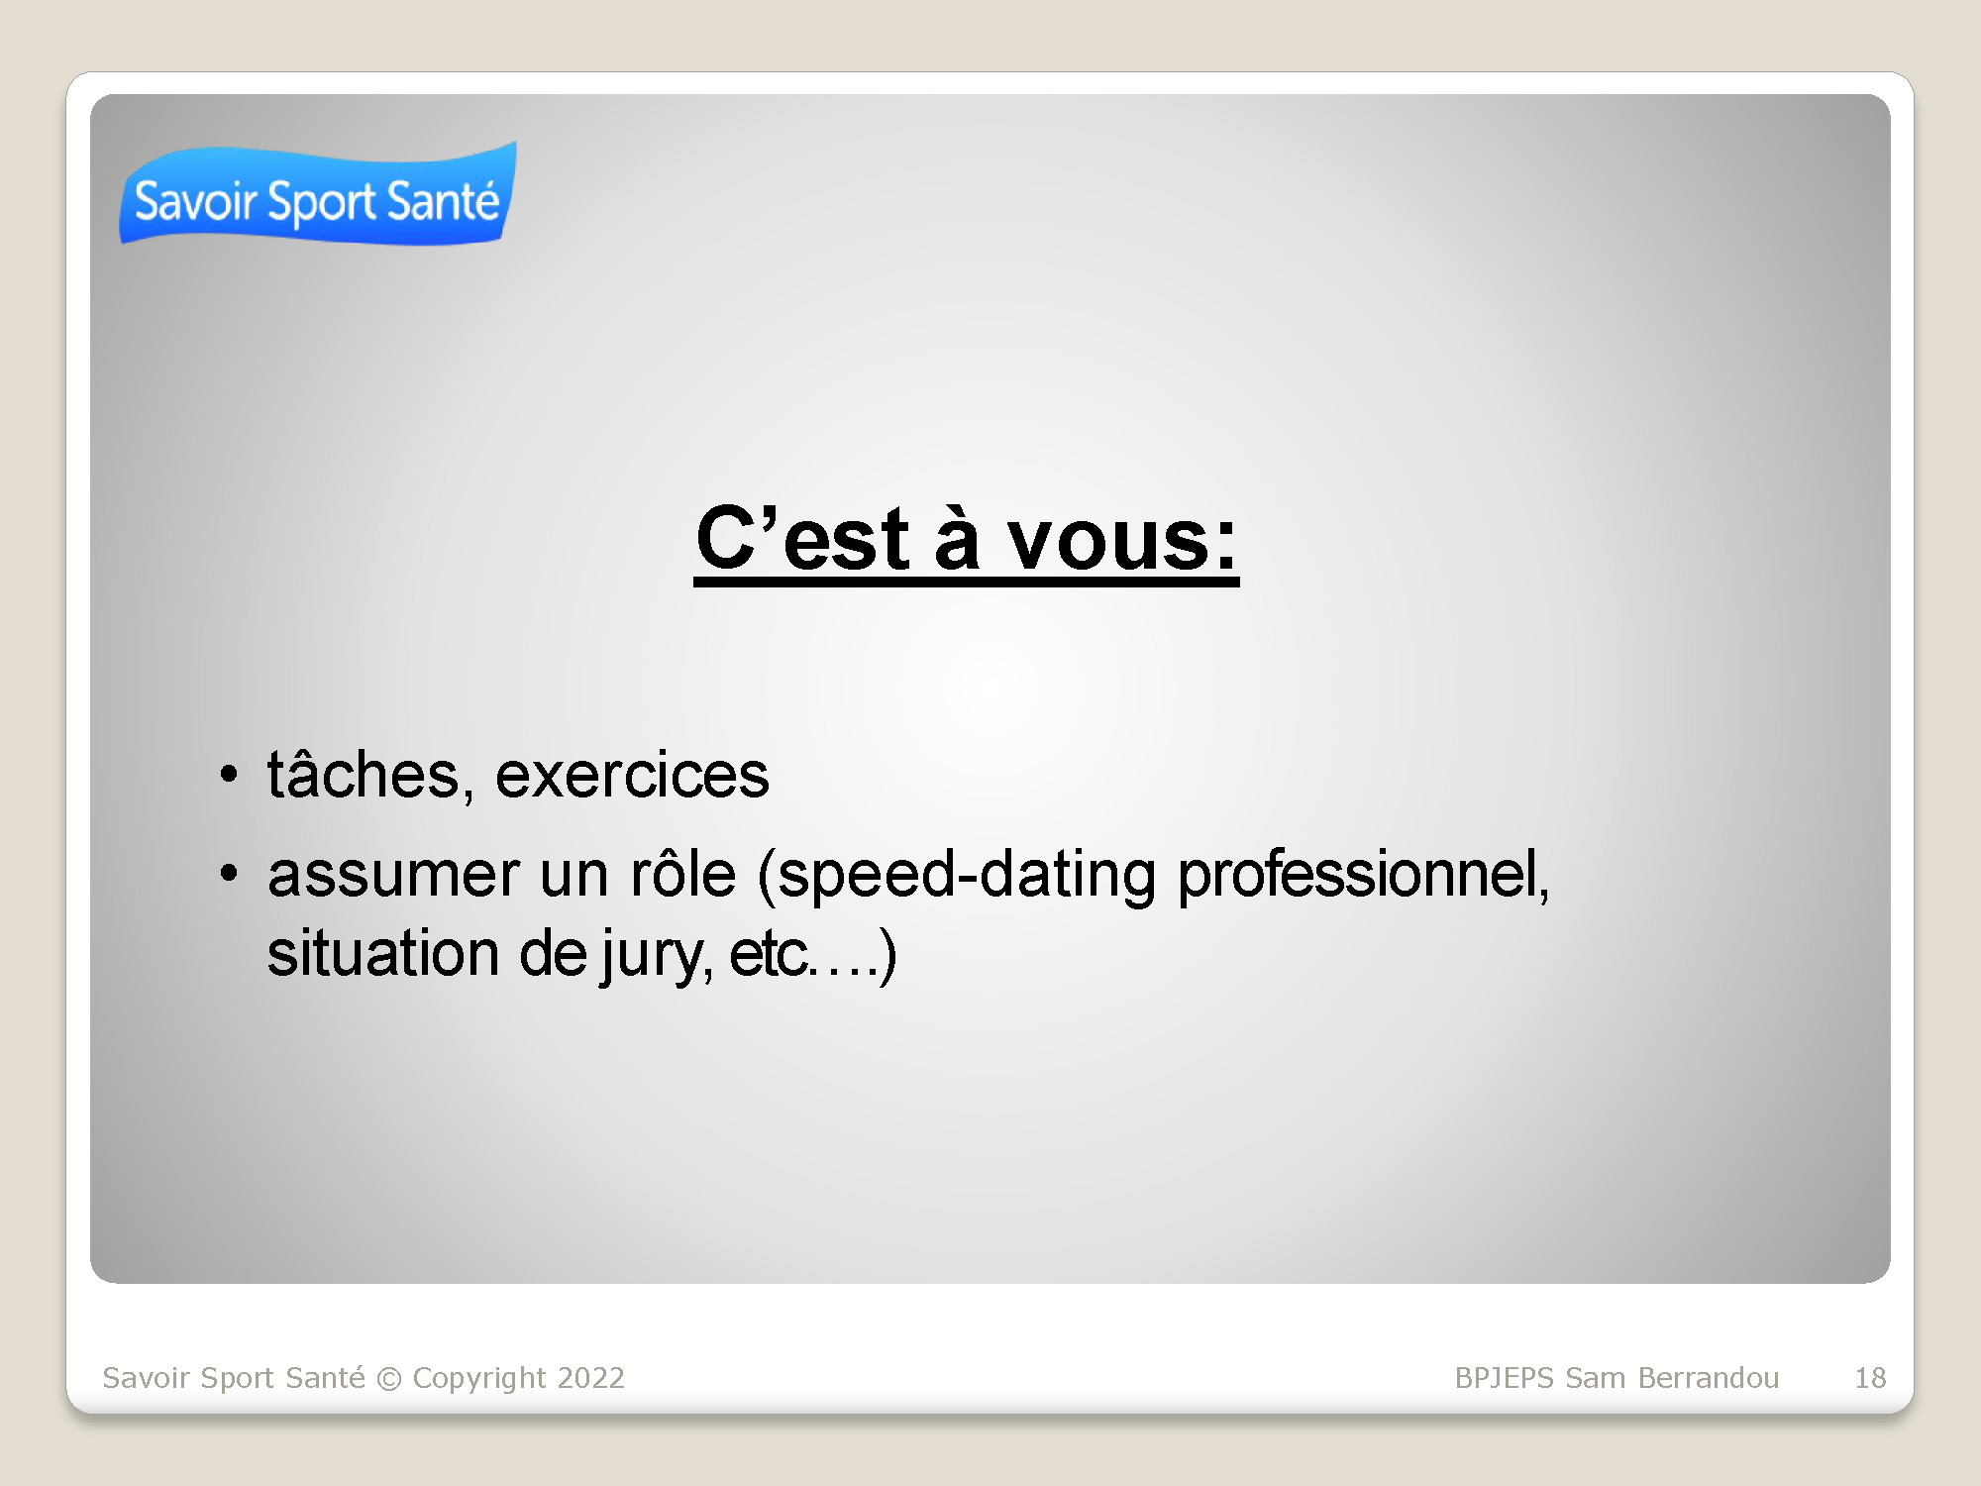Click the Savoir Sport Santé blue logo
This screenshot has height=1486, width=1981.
point(318,194)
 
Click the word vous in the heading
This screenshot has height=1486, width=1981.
point(1123,541)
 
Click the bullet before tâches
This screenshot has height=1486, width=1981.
point(229,774)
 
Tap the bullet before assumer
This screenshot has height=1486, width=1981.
point(229,873)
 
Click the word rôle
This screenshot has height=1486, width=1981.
point(683,873)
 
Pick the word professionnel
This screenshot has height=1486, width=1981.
point(1363,875)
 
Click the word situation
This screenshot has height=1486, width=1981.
point(382,953)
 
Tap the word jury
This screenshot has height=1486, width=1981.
point(656,956)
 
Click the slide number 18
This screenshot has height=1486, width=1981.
point(1870,1378)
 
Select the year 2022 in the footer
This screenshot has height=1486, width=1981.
point(591,1378)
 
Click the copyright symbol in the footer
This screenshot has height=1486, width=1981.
point(389,1379)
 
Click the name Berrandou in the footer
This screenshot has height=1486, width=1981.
point(1709,1378)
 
